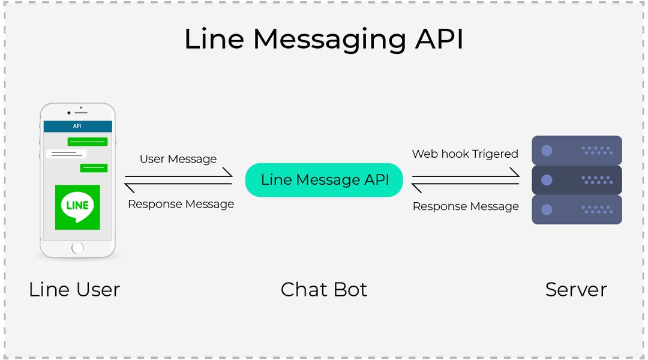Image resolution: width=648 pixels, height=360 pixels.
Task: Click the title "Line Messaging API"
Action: pyautogui.click(x=323, y=39)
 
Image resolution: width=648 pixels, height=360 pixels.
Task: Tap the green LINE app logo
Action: pyautogui.click(x=77, y=207)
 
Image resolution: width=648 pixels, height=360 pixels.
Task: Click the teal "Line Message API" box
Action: pyautogui.click(x=324, y=180)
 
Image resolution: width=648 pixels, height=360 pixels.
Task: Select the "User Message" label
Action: pyautogui.click(x=178, y=159)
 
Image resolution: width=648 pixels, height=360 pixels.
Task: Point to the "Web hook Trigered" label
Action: pyautogui.click(x=465, y=154)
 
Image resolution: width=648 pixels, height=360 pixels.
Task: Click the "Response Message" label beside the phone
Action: pyautogui.click(x=181, y=204)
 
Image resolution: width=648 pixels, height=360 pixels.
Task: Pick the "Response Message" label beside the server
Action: pyautogui.click(x=466, y=206)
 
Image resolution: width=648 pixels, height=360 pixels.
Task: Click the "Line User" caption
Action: pyautogui.click(x=74, y=290)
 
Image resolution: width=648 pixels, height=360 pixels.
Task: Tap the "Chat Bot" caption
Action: pyautogui.click(x=324, y=290)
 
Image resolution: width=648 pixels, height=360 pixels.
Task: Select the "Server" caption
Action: pyautogui.click(x=576, y=290)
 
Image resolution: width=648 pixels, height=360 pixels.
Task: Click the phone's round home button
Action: pyautogui.click(x=77, y=248)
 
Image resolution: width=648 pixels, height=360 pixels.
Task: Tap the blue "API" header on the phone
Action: pyautogui.click(x=77, y=126)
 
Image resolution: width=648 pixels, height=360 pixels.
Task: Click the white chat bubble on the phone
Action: pyautogui.click(x=66, y=154)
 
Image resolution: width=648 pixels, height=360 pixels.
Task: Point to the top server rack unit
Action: pyautogui.click(x=577, y=150)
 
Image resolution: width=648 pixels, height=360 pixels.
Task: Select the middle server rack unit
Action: pyautogui.click(x=577, y=180)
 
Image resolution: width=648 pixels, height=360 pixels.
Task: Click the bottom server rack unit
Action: pyautogui.click(x=577, y=209)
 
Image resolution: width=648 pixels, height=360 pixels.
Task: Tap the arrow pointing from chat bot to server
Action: pyautogui.click(x=466, y=175)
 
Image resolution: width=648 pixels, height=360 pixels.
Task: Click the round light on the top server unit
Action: pyautogui.click(x=547, y=151)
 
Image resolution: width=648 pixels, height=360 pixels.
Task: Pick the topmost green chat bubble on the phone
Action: pyautogui.click(x=88, y=142)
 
